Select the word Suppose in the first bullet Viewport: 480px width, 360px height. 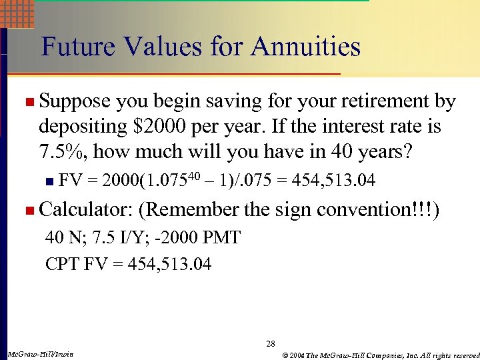(75, 102)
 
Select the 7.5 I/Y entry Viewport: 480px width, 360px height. (116, 237)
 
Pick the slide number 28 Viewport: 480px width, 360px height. (270, 344)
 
